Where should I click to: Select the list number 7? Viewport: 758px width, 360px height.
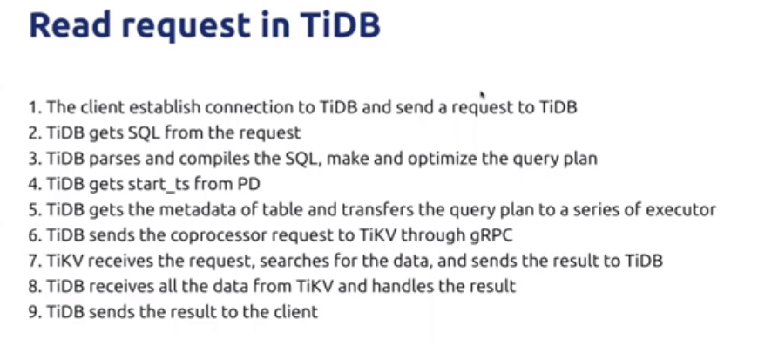(x=34, y=261)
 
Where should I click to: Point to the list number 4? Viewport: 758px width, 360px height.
(x=34, y=184)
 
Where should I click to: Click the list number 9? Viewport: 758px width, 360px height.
(x=34, y=311)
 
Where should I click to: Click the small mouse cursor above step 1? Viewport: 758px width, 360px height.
(x=482, y=95)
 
